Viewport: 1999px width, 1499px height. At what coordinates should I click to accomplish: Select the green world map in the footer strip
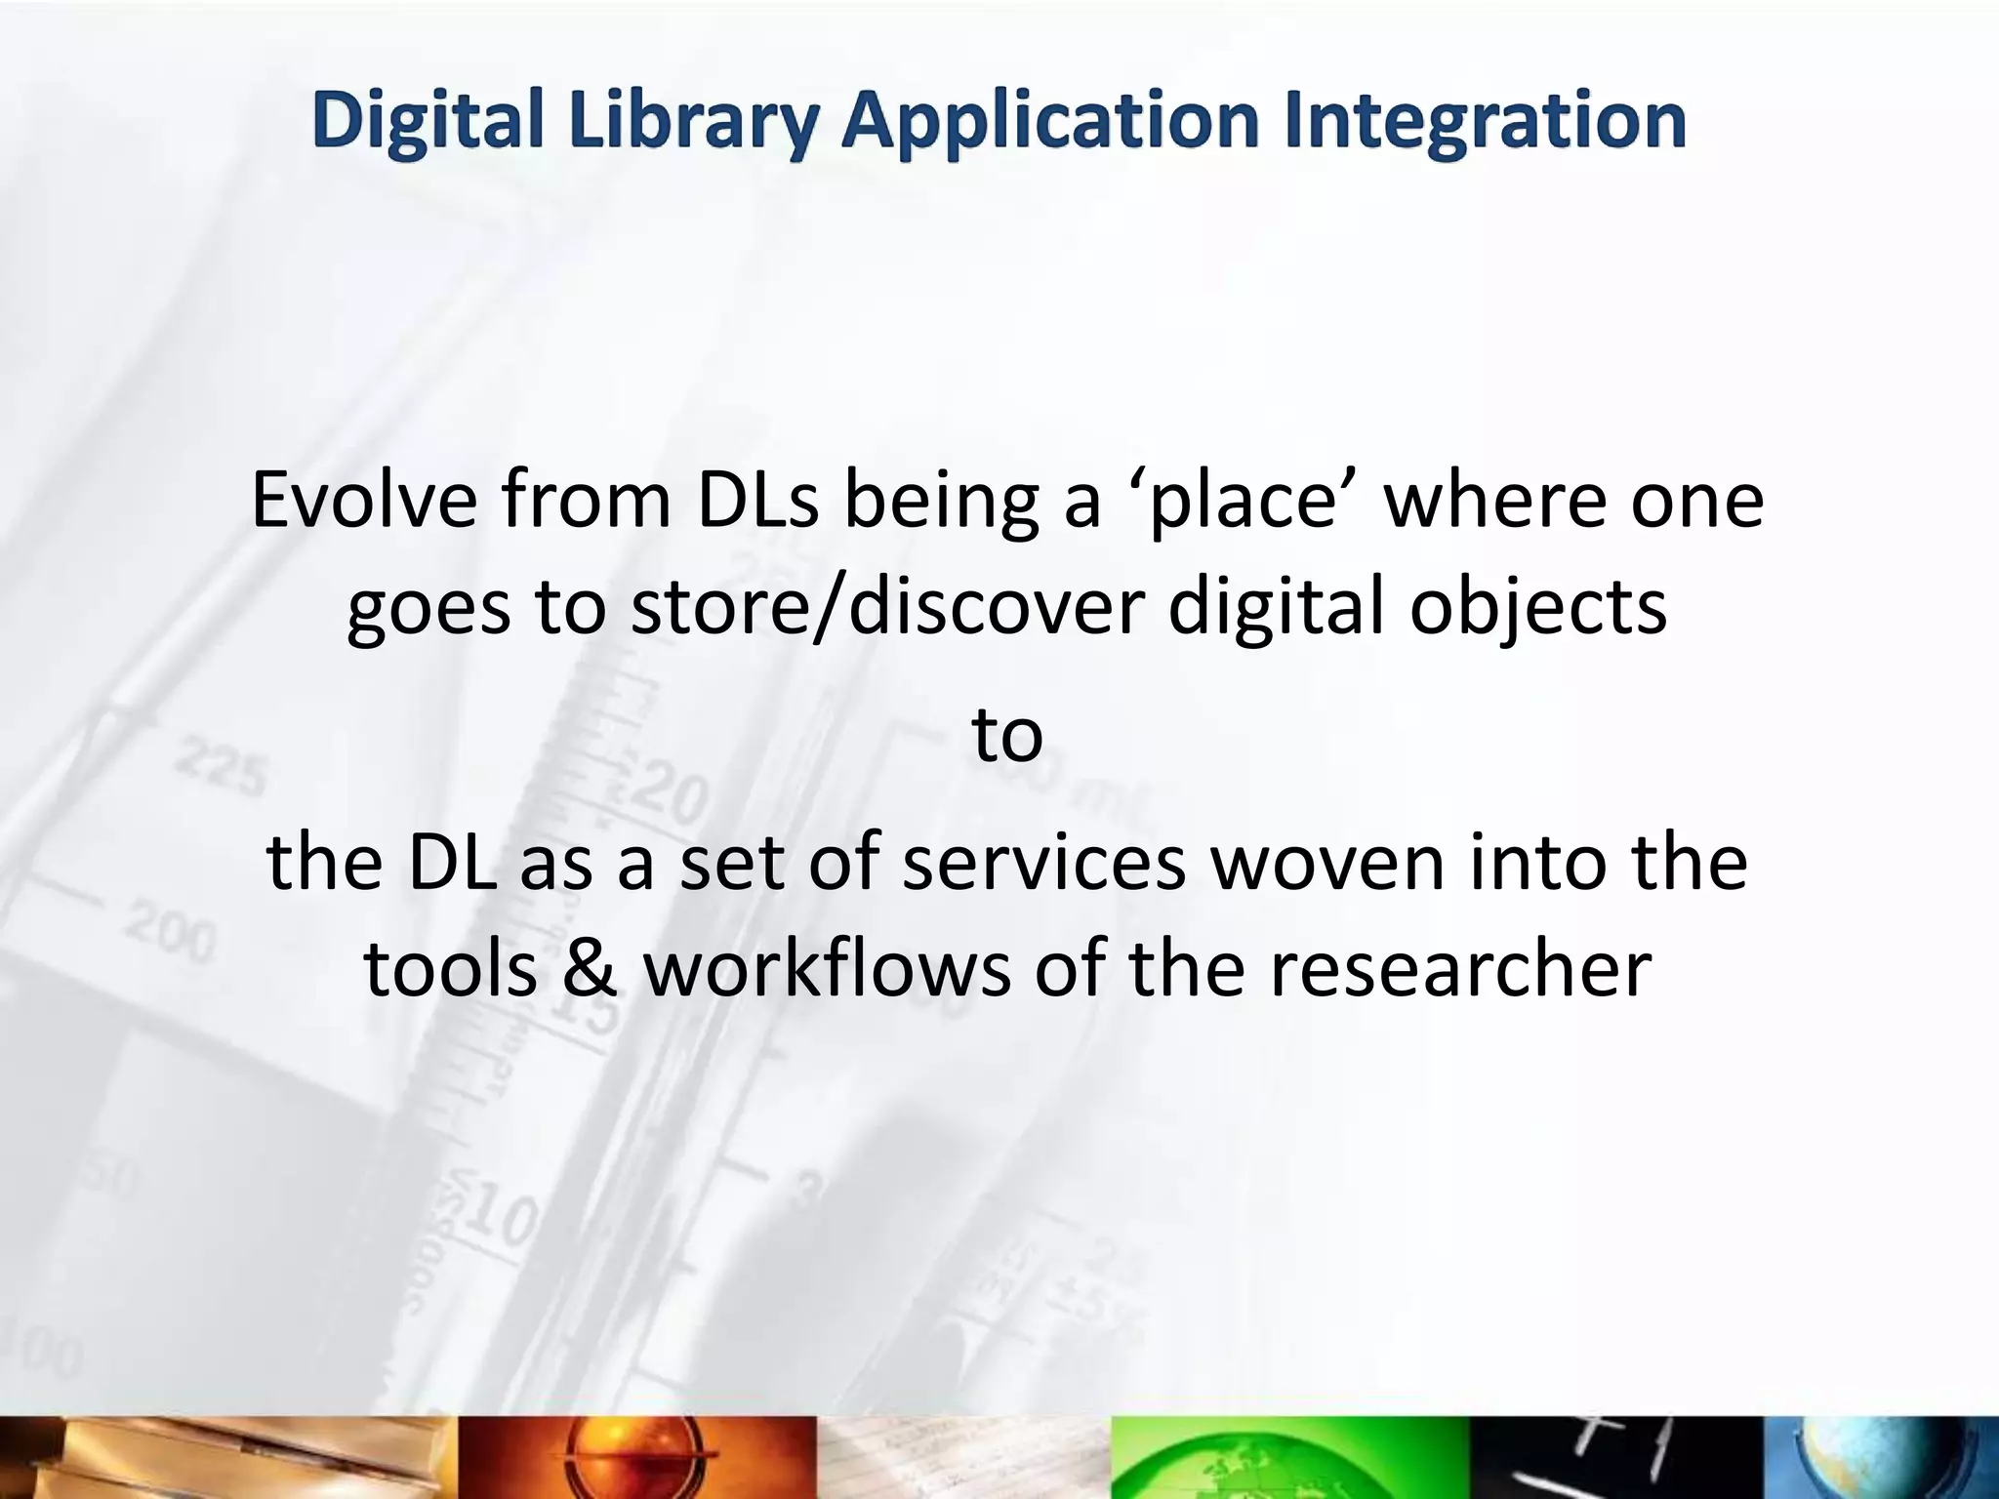point(1288,1458)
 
